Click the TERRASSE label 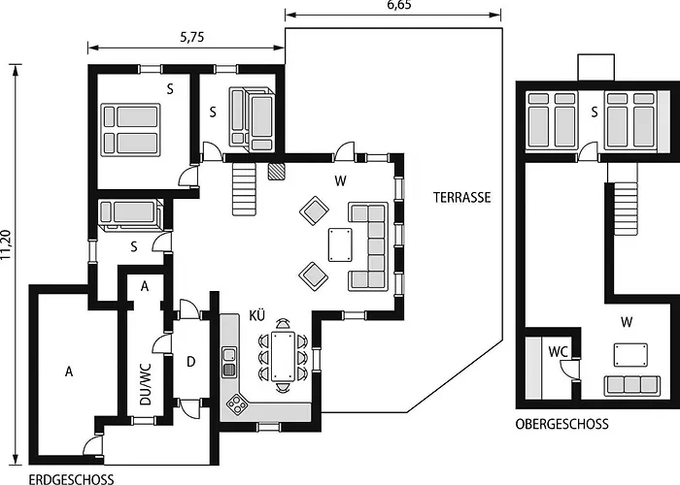(462, 197)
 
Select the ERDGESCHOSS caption (71, 479)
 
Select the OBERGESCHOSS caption (562, 424)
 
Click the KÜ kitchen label (257, 316)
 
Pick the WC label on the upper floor (558, 351)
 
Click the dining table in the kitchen (283, 357)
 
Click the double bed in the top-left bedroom (129, 130)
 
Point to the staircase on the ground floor (244, 188)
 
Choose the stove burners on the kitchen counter (236, 404)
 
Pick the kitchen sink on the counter (229, 362)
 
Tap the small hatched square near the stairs (278, 171)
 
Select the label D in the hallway (191, 362)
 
